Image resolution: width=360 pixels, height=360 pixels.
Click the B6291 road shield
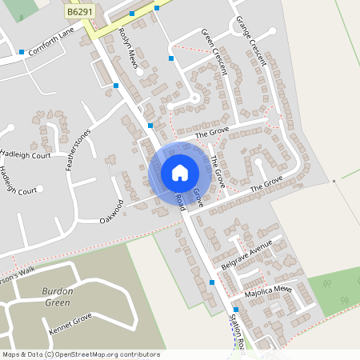78,13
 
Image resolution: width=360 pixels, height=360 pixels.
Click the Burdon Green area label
57,297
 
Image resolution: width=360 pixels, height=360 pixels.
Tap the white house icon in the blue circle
180,172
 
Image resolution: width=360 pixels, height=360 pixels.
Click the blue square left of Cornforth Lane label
21,52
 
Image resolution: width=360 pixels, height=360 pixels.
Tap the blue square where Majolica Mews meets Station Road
236,310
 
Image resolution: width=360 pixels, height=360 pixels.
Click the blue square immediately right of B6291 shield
131,14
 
